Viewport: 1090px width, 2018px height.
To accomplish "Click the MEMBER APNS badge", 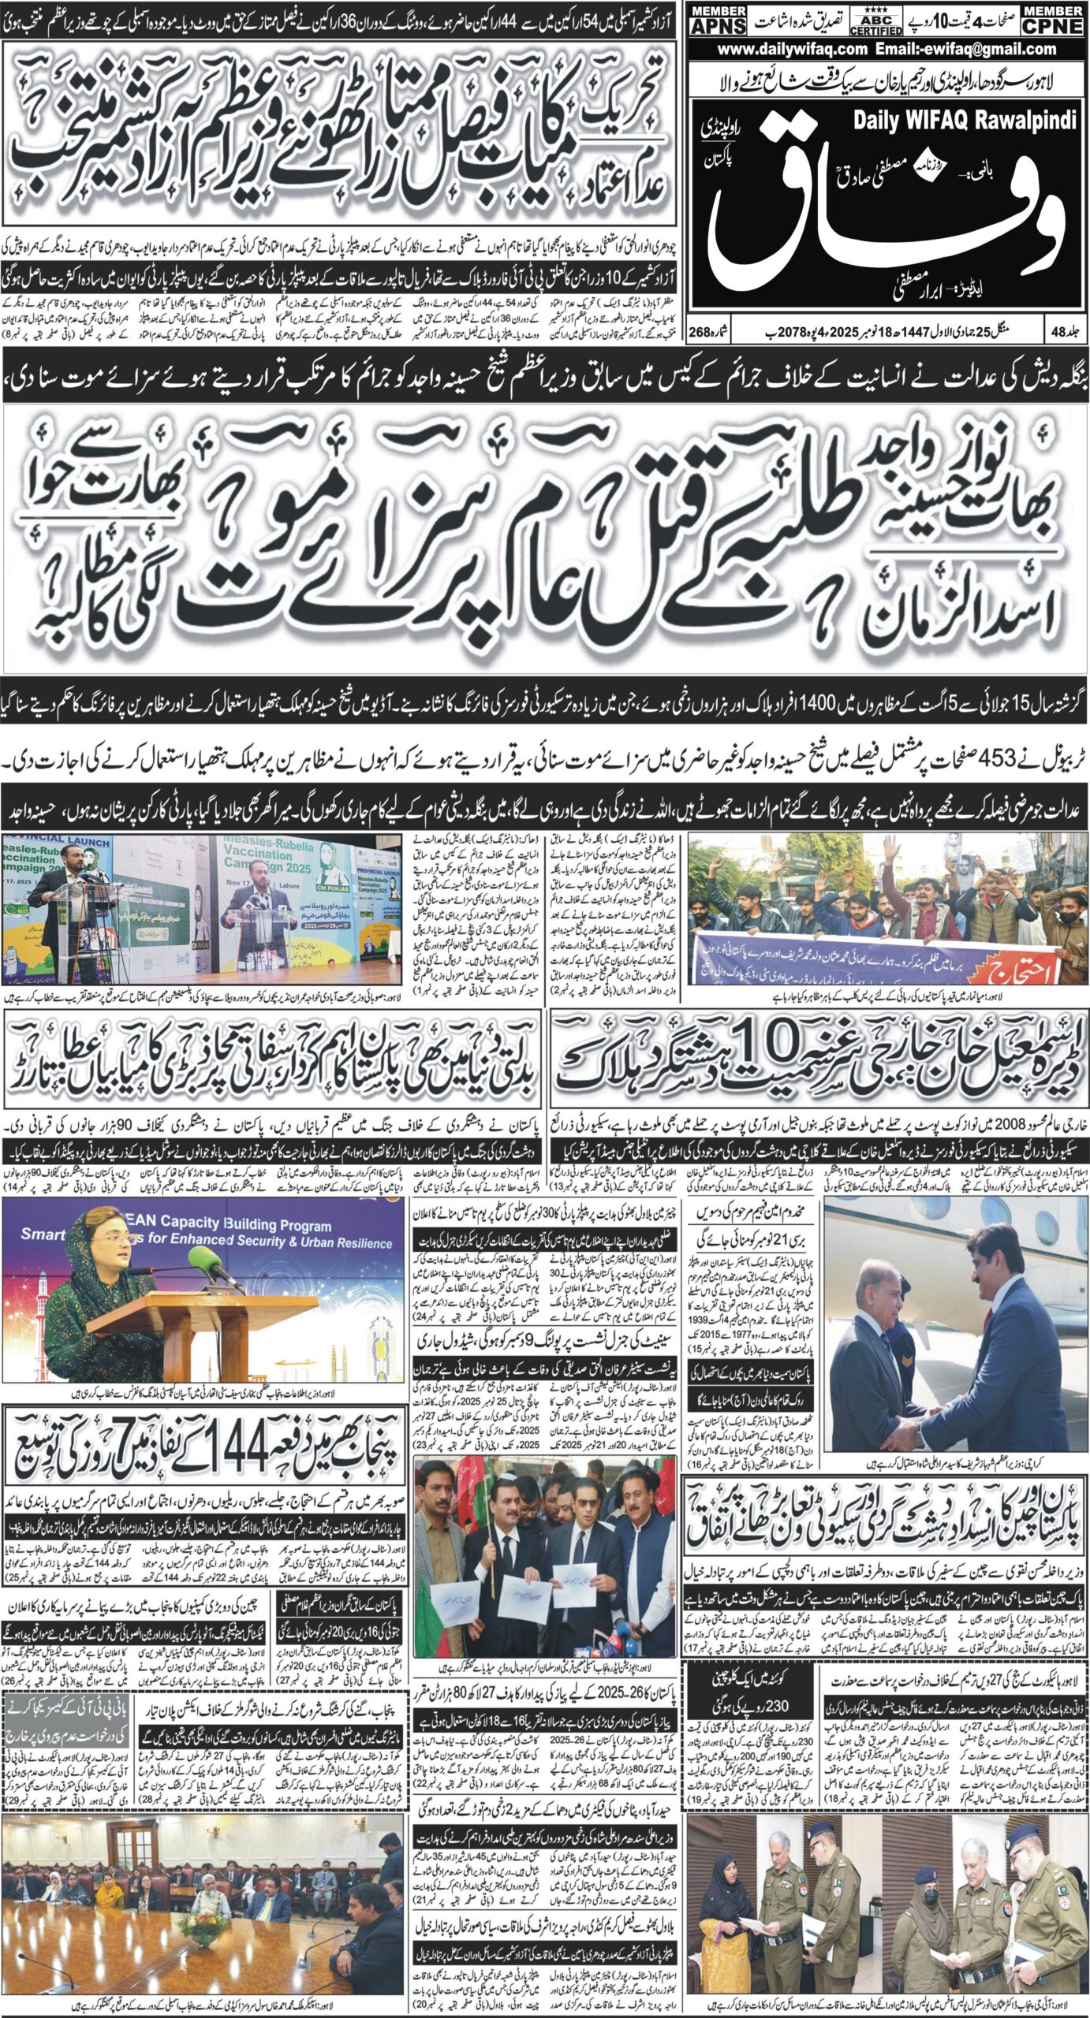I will click(x=718, y=18).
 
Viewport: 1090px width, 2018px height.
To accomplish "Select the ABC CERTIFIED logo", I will click(x=875, y=20).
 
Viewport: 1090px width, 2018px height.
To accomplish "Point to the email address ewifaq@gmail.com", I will click(x=986, y=50).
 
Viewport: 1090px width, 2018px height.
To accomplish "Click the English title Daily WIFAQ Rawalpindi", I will click(x=965, y=121).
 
